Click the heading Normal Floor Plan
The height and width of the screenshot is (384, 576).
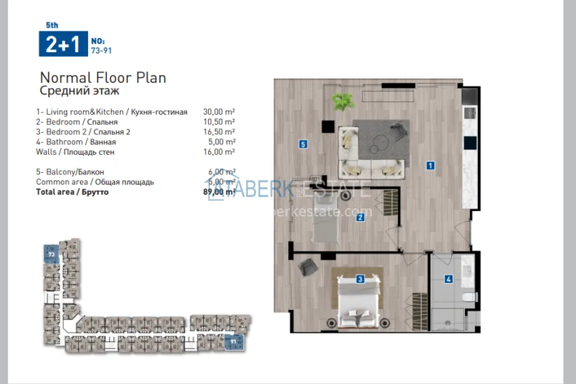click(103, 77)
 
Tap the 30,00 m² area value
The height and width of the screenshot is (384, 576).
click(219, 111)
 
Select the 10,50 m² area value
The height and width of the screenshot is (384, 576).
click(219, 121)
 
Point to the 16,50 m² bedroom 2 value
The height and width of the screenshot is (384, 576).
click(219, 132)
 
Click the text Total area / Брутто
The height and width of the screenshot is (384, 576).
click(72, 192)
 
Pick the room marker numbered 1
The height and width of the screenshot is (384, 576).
click(430, 165)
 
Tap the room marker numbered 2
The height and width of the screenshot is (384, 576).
click(361, 217)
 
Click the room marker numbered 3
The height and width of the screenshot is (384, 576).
click(361, 278)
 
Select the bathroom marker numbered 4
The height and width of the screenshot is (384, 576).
click(449, 278)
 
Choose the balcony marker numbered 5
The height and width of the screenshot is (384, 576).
click(303, 144)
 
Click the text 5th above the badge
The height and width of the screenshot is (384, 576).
click(52, 25)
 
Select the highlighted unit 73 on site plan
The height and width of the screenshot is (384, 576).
click(51, 253)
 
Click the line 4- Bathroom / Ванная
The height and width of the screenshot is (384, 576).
click(76, 142)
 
